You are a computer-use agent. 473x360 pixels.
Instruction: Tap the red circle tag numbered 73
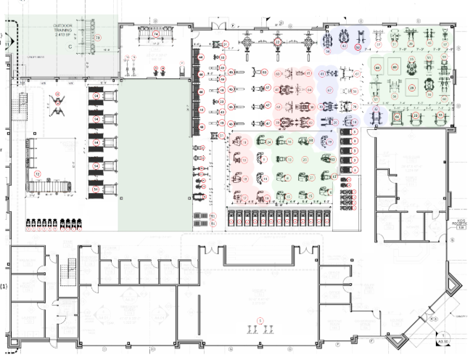click(102, 36)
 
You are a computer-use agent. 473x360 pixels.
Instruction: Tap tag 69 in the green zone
click(395, 67)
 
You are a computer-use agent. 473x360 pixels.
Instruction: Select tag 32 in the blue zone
click(356, 48)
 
